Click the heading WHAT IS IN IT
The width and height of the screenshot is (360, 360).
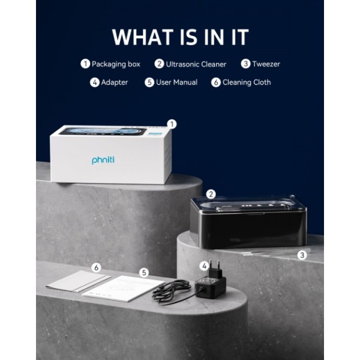point(180,37)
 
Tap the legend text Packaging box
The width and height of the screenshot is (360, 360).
point(116,64)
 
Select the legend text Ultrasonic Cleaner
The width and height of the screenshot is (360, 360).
point(196,64)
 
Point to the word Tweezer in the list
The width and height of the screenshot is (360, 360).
point(266,64)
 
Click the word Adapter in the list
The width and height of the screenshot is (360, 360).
point(115,82)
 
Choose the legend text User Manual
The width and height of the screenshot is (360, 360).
point(176,82)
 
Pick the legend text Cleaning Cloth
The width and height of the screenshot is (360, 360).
point(247,82)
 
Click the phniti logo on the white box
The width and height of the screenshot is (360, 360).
point(103,160)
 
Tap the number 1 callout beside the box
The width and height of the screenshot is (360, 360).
point(172,124)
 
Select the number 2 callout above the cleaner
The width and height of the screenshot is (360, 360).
point(211,194)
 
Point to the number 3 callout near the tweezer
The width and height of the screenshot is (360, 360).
point(302,255)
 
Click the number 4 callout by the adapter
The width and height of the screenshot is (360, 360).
point(205,266)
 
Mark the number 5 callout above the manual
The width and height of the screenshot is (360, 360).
point(144,272)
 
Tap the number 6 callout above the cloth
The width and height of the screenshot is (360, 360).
point(96,268)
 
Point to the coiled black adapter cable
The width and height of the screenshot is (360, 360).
point(171,292)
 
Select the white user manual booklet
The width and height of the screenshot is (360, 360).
point(123,289)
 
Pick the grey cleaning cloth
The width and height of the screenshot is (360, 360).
point(77,281)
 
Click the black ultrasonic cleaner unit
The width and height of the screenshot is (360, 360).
point(248,222)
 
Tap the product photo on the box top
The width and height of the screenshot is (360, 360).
point(103,131)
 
